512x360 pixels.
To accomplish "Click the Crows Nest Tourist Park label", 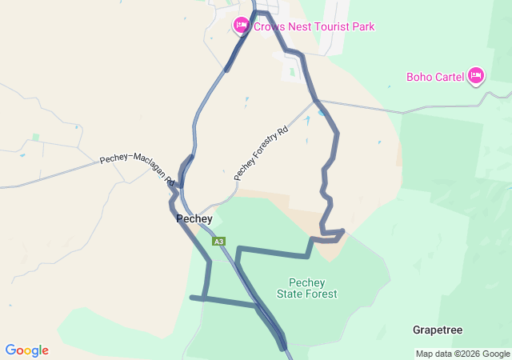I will tap(314, 26).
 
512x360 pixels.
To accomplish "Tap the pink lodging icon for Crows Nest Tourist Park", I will tap(241, 26).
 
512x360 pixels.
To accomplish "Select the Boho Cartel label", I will tap(435, 77).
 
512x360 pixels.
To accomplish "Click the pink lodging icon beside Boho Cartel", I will tap(476, 76).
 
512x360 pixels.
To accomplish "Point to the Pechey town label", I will tap(194, 218).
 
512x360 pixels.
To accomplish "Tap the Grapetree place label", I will tap(438, 330).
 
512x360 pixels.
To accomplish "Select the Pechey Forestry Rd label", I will tap(260, 153).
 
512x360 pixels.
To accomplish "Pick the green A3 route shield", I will tap(219, 241).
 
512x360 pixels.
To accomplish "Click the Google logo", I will tap(26, 350).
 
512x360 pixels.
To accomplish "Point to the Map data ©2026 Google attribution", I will tap(462, 354).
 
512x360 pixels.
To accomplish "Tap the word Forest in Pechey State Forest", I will tap(322, 294).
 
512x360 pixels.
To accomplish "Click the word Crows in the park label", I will tap(270, 26).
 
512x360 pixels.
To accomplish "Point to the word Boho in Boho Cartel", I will tap(419, 77).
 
